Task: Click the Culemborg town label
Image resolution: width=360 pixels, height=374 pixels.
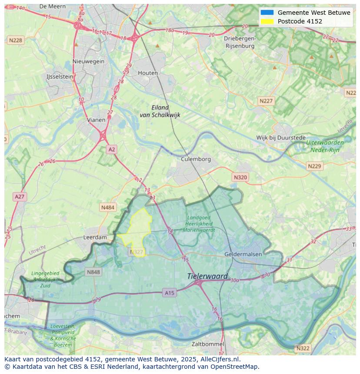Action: [196, 159]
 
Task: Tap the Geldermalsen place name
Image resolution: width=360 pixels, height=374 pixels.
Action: [243, 254]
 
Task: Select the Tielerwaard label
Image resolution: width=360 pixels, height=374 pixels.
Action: [207, 276]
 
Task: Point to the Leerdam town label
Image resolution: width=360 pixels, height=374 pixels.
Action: [95, 238]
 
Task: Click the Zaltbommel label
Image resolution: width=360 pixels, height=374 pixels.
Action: [207, 344]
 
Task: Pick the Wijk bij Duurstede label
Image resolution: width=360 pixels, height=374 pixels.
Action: [280, 138]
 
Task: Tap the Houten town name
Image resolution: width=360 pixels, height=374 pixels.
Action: [148, 73]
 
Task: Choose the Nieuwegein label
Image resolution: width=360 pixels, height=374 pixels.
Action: [89, 61]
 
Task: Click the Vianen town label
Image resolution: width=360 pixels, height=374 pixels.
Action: [96, 120]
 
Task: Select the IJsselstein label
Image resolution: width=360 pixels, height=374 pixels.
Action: [60, 76]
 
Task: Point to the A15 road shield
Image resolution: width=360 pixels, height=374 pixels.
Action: [170, 293]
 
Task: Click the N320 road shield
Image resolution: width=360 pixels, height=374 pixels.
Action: [240, 177]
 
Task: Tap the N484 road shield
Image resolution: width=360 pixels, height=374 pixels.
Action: [108, 208]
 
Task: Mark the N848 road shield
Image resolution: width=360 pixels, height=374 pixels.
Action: [93, 272]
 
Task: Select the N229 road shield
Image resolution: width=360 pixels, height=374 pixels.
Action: [314, 166]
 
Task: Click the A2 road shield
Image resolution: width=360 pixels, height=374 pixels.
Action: [112, 149]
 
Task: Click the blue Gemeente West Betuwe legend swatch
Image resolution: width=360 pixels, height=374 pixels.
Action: [267, 13]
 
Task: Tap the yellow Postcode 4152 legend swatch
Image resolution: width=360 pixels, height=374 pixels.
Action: [267, 21]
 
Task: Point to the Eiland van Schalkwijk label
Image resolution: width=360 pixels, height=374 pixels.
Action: [160, 111]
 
